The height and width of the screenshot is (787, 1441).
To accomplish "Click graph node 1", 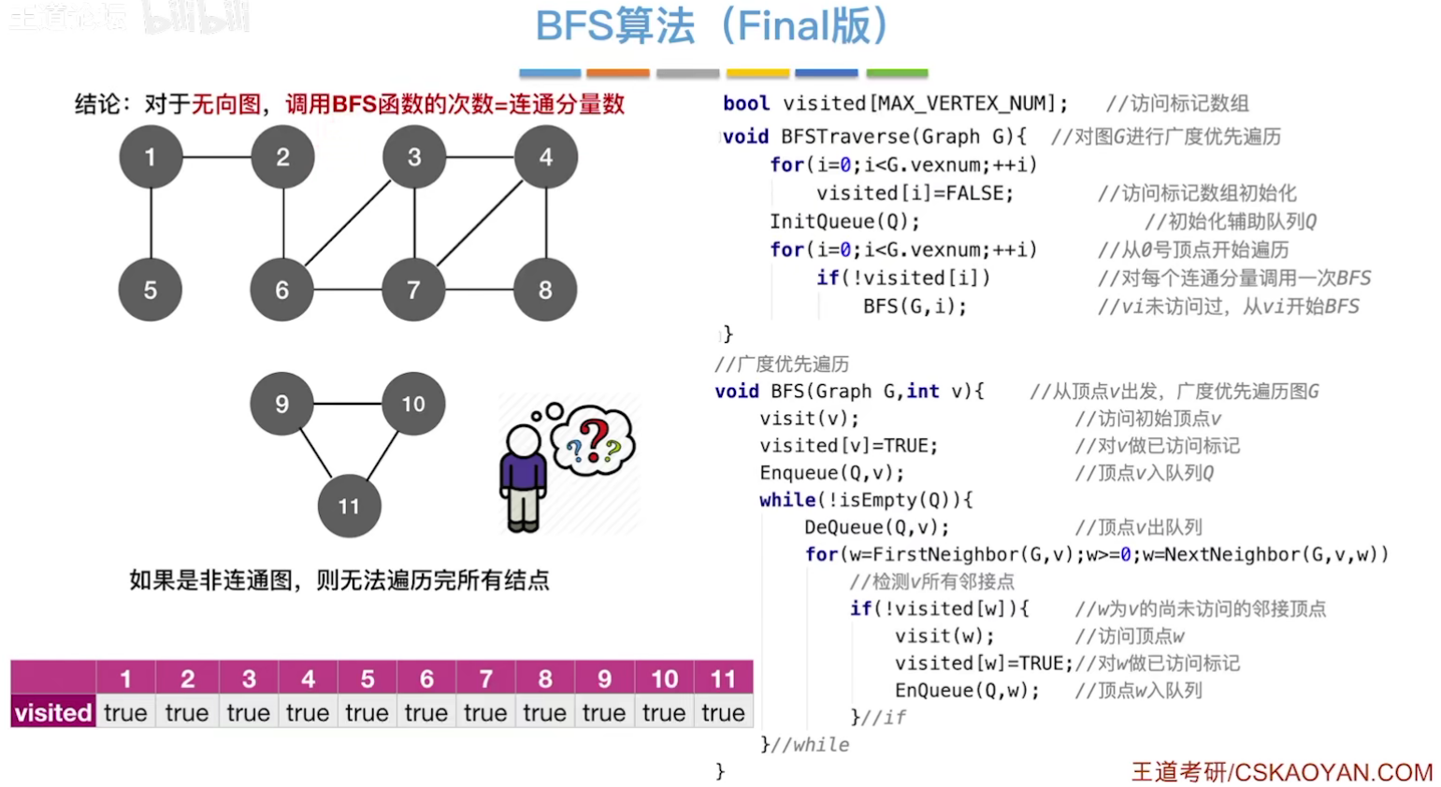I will tap(151, 157).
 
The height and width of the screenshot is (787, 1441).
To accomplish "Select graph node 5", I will tap(151, 290).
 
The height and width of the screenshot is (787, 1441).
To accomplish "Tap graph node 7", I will tap(413, 290).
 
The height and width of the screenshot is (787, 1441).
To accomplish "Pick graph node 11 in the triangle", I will tap(349, 506).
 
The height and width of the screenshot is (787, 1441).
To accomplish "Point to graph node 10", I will tap(413, 404).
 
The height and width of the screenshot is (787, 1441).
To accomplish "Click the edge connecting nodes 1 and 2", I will tap(216, 157).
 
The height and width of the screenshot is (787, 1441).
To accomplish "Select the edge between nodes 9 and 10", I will tap(347, 404).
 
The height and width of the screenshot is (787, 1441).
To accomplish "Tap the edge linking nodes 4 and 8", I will tap(546, 223).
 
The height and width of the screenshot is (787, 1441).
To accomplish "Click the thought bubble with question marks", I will tap(593, 440).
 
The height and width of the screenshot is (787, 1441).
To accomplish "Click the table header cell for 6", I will tap(426, 679).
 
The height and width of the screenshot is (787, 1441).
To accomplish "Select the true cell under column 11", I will tap(723, 713).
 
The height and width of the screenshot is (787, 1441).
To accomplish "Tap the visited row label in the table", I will tap(53, 713).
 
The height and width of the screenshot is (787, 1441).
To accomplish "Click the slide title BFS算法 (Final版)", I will tap(711, 26).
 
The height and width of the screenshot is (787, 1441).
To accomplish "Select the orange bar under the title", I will tap(617, 73).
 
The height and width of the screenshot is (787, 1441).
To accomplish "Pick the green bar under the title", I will tap(897, 73).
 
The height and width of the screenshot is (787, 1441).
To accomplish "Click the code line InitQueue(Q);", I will tap(844, 222).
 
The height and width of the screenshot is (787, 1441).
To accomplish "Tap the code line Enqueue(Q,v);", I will tap(831, 473).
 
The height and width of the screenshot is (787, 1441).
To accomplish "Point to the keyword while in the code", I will tap(786, 500).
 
